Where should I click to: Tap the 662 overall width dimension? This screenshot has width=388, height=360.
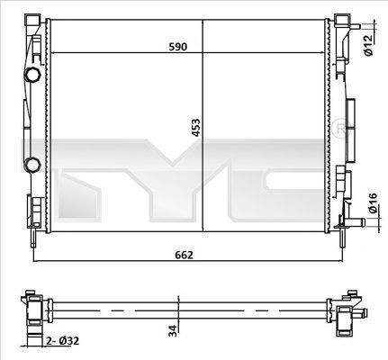tap(185, 255)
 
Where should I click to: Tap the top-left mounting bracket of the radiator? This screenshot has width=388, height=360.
tap(33, 22)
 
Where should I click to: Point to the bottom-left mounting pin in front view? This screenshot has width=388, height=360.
tap(32, 237)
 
